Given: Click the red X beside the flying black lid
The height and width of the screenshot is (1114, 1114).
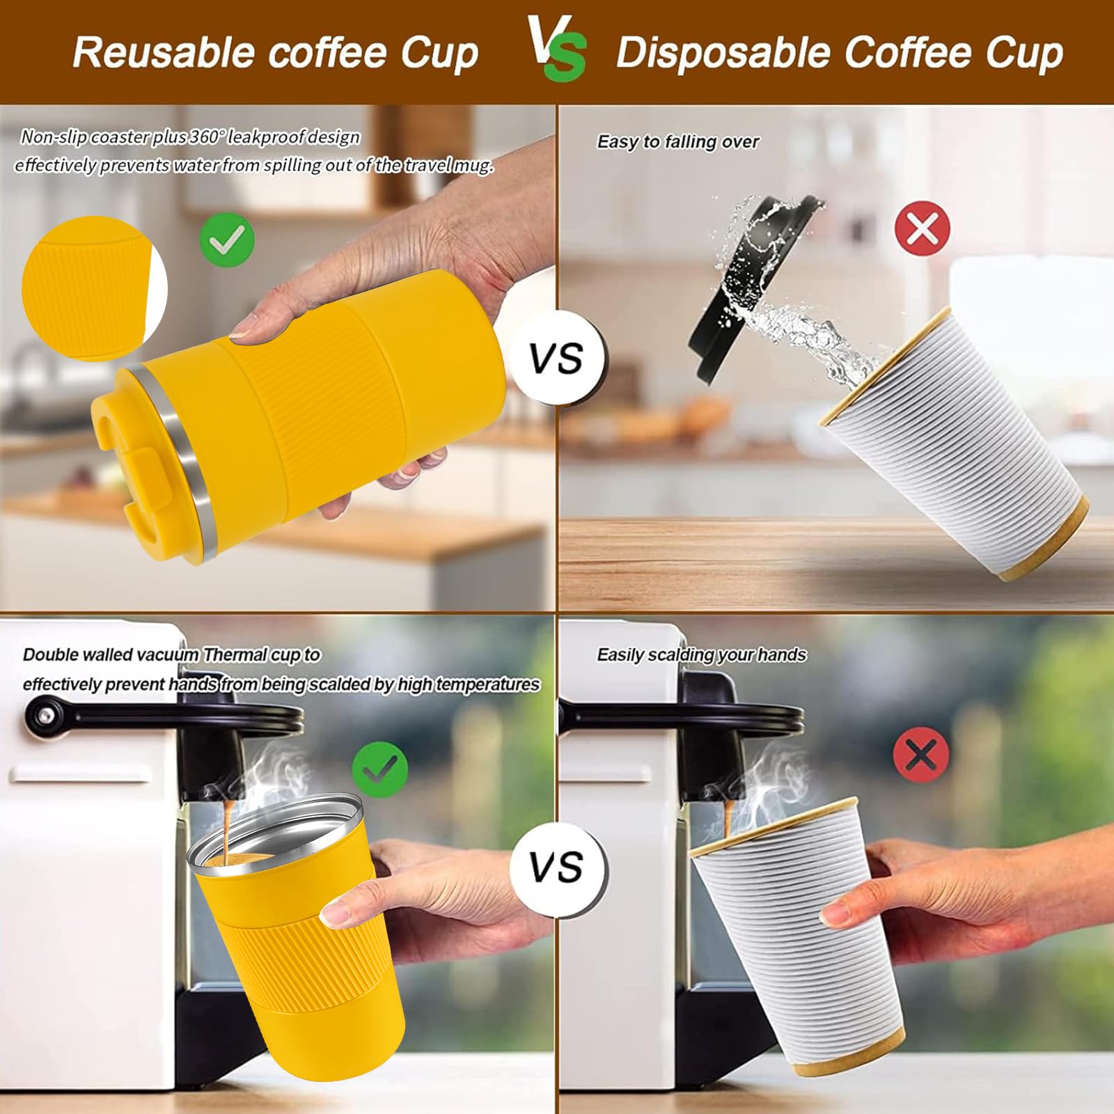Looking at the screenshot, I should point(922,228).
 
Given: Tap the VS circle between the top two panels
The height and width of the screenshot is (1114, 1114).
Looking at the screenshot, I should point(556,359).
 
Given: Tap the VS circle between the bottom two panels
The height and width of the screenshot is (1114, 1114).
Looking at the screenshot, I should point(556,868).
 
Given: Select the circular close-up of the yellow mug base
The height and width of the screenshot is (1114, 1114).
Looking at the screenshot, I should point(91,289).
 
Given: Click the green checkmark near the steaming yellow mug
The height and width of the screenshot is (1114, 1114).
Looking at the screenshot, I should point(379,769).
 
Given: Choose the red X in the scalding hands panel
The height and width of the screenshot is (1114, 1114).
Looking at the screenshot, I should point(920,754).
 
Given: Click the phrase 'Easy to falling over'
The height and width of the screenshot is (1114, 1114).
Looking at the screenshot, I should point(677,142).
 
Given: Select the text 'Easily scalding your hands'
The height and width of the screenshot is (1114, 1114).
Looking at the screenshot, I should point(701,655).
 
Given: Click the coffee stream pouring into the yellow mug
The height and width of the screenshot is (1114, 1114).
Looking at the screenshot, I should point(228,829).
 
